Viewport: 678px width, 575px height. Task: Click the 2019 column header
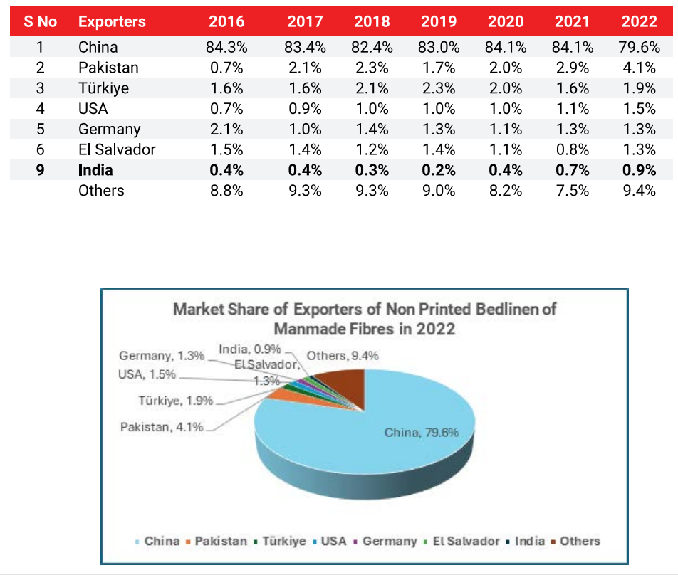point(439,21)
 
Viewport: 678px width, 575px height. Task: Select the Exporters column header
point(112,21)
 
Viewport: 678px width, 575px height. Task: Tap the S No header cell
point(40,21)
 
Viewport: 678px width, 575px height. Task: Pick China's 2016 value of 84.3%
point(226,48)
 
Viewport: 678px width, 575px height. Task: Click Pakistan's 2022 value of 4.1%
point(638,68)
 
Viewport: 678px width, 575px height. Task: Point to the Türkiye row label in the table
point(103,89)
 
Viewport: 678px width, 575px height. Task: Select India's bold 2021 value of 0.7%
point(571,171)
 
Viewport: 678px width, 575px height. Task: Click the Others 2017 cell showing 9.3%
point(305,191)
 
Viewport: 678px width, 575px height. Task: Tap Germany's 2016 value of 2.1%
point(226,130)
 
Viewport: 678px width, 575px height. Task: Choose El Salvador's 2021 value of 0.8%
point(571,150)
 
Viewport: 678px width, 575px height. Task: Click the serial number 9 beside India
point(40,171)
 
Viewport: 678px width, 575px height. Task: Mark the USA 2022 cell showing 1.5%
point(638,109)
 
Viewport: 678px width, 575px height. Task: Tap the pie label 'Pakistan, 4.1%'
point(162,427)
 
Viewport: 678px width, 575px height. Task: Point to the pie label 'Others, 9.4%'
point(342,356)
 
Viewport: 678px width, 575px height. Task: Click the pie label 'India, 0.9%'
point(250,349)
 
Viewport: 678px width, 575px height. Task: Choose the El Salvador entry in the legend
point(464,541)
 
